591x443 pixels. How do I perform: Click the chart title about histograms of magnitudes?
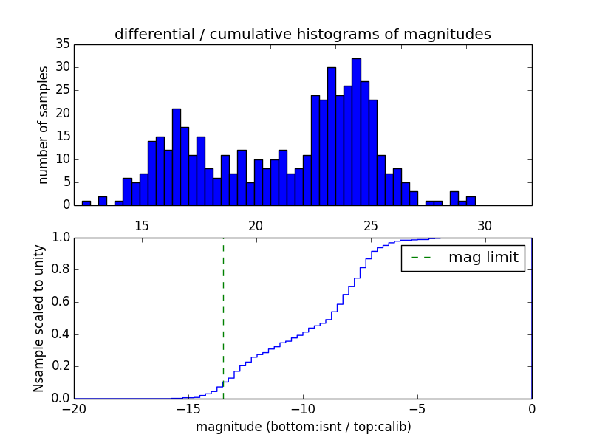point(302,35)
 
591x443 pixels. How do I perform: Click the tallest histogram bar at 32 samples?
point(356,132)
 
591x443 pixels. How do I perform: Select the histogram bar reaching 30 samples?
point(332,137)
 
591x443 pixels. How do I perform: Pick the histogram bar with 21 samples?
point(177,157)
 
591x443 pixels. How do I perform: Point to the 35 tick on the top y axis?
point(62,44)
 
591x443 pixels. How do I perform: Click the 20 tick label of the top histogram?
point(256,225)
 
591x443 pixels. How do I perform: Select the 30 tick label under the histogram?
point(485,225)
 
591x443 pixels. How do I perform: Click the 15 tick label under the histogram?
point(142,225)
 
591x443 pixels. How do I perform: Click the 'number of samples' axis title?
point(44,125)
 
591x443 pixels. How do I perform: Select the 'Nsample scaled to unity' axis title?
point(39,318)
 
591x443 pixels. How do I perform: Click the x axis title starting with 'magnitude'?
point(303,427)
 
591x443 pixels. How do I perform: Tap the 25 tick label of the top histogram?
point(371,225)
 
